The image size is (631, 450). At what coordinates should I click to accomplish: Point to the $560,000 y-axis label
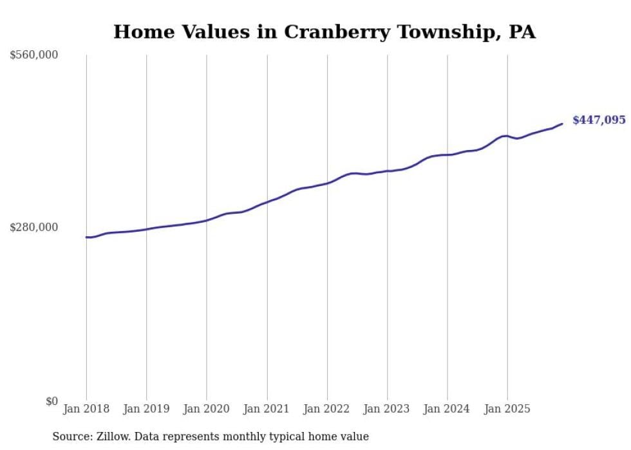[34, 55]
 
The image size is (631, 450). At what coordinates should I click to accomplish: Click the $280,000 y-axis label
[34, 227]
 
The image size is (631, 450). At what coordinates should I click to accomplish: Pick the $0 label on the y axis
[52, 401]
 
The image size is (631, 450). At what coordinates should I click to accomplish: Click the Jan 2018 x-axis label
[86, 409]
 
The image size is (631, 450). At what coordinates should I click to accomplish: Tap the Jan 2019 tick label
[146, 409]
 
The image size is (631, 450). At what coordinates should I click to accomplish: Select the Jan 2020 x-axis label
[207, 409]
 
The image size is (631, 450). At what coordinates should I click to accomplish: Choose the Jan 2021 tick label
[267, 409]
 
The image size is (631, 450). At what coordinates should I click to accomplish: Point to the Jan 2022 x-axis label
[327, 409]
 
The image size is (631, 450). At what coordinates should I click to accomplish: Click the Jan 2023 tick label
[387, 409]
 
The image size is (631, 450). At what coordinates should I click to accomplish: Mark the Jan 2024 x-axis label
[447, 409]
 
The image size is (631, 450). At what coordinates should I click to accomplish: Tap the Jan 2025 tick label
[507, 409]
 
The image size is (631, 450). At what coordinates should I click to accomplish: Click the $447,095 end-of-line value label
[599, 120]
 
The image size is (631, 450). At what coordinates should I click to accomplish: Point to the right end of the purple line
[562, 124]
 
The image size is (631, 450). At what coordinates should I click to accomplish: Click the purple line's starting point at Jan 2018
[86, 237]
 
